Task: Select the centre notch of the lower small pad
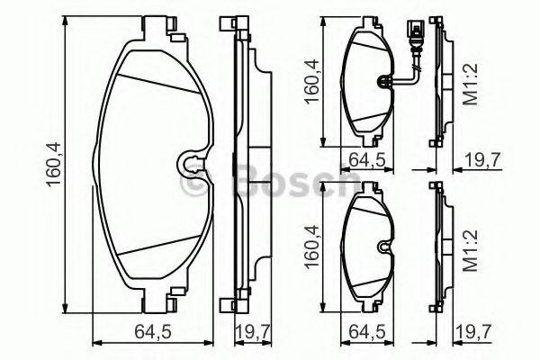[382, 244]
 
